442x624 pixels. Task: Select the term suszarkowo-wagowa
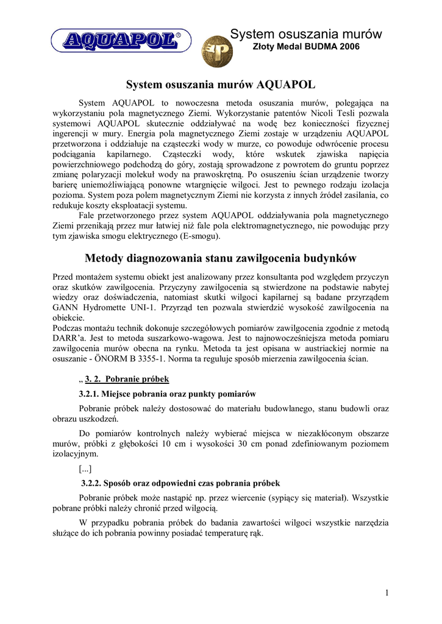[158, 338]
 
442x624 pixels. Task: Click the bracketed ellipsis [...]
[87, 469]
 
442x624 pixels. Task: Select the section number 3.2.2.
[94, 483]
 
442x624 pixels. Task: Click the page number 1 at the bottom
[387, 593]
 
